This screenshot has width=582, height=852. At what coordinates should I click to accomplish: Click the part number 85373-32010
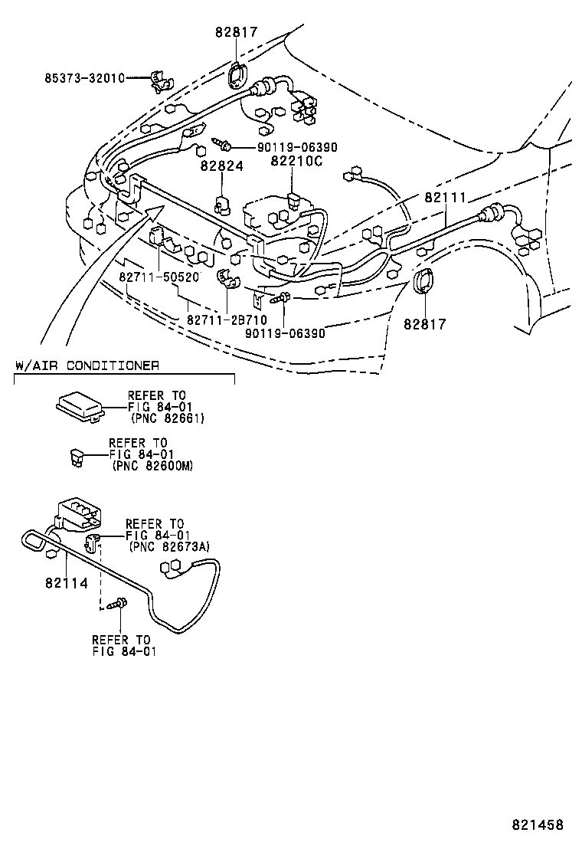point(83,78)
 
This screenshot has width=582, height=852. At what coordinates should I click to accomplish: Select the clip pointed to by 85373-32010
point(159,80)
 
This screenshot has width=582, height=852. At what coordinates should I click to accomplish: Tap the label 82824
point(221,165)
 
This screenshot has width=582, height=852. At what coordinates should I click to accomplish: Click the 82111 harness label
point(445,198)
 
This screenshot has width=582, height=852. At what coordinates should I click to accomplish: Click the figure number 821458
point(538,825)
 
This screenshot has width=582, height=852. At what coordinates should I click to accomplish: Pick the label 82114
point(66,583)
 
